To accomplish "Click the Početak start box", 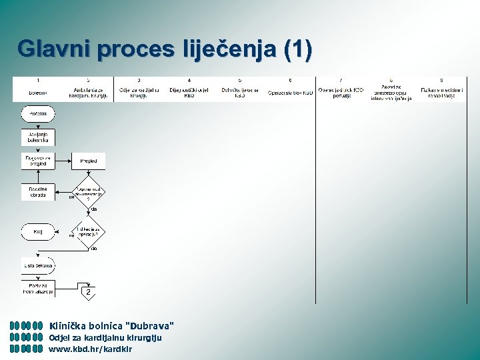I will (x=38, y=114).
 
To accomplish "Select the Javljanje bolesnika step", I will (x=38, y=138).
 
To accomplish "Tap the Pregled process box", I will (x=88, y=161).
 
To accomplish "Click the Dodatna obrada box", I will (x=38, y=191).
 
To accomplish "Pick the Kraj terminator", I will (x=38, y=232).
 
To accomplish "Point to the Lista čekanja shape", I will (x=38, y=265).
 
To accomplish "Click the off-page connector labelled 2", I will (x=88, y=292).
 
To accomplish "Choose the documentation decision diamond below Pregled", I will (x=89, y=192).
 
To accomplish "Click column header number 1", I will (x=37, y=80).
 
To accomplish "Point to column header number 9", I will (x=441, y=80).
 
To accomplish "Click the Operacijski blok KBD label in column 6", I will (x=290, y=93).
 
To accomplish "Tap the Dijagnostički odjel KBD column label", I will (x=189, y=92).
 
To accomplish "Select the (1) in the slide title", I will (x=297, y=49).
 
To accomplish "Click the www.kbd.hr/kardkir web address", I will (x=91, y=349).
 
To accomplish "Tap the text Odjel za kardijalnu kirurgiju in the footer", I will (x=105, y=337).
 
